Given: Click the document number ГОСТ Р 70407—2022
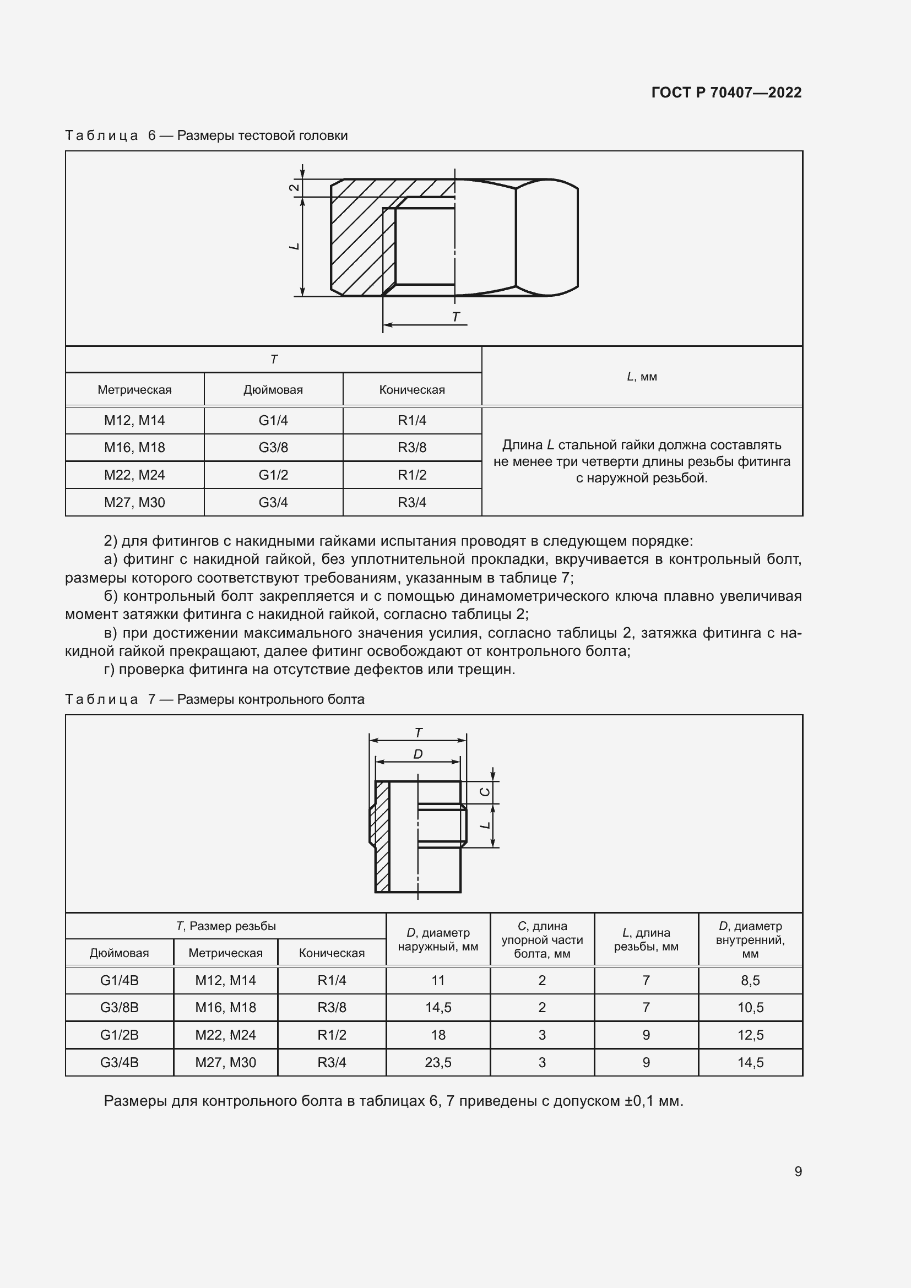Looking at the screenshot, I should tap(726, 93).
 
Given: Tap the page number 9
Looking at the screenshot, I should tap(798, 1171).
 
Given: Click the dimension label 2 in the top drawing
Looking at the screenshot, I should tap(294, 187).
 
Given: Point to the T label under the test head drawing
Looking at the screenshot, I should tap(455, 317).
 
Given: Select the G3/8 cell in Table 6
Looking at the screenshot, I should tap(273, 448).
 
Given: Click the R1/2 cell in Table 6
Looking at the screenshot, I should tap(412, 475).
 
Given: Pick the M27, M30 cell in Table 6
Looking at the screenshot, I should tap(134, 503).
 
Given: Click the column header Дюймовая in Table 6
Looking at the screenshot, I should tap(273, 390).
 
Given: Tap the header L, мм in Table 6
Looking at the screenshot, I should tap(642, 377).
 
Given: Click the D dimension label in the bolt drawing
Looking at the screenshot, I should tap(418, 754).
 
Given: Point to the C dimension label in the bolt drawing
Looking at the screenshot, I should tap(486, 792).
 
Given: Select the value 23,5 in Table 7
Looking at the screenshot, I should tap(438, 1062).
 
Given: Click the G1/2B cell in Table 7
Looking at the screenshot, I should tap(119, 1035).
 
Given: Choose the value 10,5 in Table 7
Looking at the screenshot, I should tap(750, 1008).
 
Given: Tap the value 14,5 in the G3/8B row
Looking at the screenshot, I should tap(438, 1008).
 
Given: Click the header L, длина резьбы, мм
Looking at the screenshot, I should tap(646, 939).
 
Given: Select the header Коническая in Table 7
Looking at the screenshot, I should tap(332, 953).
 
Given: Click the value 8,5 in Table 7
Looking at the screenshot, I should tap(750, 981).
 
